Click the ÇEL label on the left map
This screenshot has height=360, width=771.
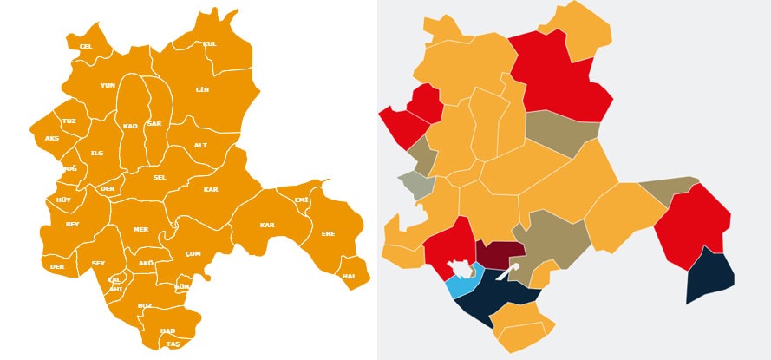(86, 46)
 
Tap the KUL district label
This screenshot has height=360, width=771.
(210, 43)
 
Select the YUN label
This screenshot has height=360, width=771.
(108, 85)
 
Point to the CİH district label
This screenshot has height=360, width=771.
(202, 89)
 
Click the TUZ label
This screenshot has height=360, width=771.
(69, 121)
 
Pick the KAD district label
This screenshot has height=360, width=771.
(130, 126)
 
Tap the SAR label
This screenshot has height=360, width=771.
(154, 123)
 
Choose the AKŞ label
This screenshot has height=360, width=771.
(52, 138)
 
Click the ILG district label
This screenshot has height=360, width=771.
(97, 153)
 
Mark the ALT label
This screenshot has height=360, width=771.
(200, 145)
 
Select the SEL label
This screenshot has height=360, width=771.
(160, 177)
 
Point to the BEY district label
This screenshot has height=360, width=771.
(73, 224)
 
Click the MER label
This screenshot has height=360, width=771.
(140, 229)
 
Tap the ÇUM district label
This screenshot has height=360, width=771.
(193, 253)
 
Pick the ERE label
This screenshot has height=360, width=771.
(328, 233)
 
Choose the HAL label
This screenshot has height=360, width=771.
(350, 276)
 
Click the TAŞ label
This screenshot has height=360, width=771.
(173, 344)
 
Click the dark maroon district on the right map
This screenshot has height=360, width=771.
(500, 252)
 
